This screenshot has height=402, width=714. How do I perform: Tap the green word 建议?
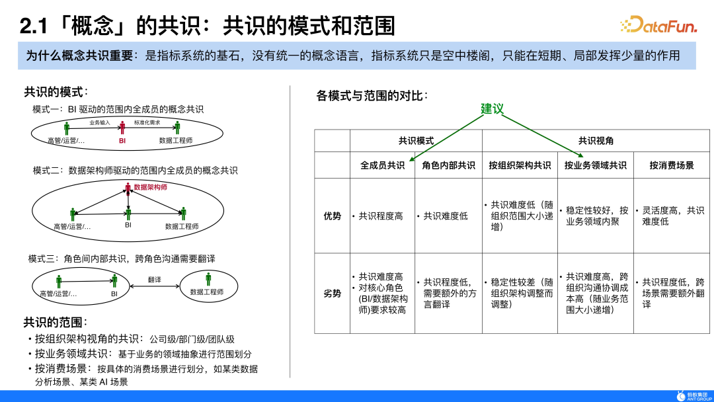492,108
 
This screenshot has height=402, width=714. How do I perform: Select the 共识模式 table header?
416,141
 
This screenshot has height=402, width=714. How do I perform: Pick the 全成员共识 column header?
382,165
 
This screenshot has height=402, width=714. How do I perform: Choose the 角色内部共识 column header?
448,165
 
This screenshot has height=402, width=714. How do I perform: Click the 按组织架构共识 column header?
520,165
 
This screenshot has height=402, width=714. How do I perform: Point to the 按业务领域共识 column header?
595,165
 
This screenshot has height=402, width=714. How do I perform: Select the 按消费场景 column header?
672,165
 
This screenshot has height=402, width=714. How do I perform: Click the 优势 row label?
332,216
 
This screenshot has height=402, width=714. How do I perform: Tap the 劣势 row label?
332,294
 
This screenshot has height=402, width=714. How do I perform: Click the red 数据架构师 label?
150,187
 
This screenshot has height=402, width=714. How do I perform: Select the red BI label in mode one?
122,141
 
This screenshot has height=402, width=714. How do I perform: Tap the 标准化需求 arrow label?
147,123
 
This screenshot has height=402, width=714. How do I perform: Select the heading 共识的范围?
56,322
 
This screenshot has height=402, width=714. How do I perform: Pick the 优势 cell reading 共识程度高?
380,216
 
